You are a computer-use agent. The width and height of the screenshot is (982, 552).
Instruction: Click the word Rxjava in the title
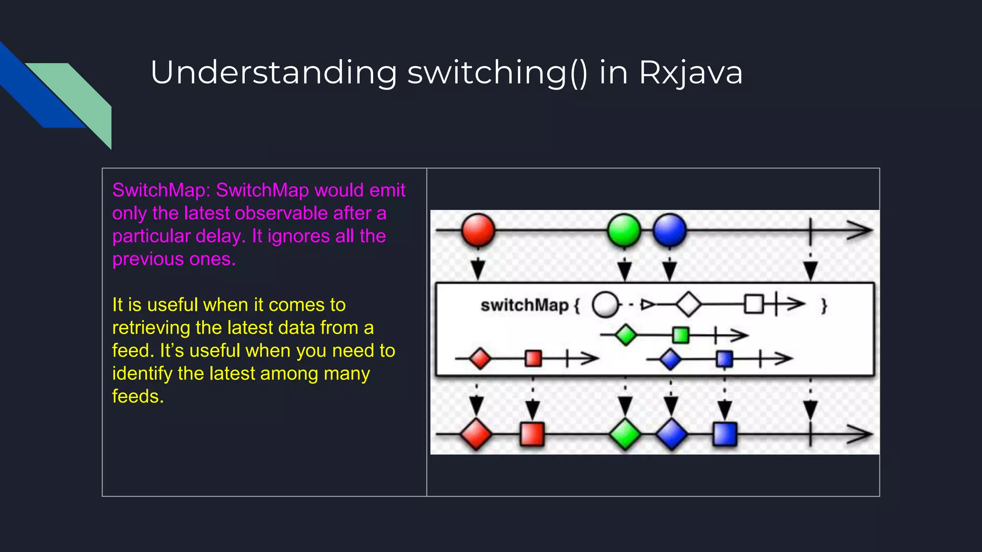point(690,73)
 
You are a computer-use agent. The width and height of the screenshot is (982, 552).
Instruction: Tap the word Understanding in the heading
point(273,73)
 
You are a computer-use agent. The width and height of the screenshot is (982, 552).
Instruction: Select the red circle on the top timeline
point(478,230)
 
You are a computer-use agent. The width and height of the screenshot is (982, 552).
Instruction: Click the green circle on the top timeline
point(624,230)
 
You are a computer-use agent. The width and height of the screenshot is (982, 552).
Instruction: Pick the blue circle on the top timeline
point(670,230)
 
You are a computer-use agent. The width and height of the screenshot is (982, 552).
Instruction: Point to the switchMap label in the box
point(524,305)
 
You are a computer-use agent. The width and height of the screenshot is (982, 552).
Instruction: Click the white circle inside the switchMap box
point(606,305)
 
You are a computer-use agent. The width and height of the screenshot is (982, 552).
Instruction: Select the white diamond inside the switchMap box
point(689,304)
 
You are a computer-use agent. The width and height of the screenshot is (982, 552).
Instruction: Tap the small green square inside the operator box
point(680,335)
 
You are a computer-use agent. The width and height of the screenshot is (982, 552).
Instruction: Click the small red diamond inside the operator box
point(480,358)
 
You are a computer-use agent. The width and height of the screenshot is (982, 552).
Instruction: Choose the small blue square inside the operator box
point(724,358)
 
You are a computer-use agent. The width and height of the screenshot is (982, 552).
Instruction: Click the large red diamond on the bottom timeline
point(476,434)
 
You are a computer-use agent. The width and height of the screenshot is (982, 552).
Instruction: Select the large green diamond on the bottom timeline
point(625,434)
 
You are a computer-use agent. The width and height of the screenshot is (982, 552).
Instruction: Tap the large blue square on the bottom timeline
point(725,434)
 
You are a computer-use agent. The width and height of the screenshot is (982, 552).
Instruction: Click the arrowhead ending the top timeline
point(861,230)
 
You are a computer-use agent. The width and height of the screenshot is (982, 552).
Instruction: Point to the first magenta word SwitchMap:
point(161,190)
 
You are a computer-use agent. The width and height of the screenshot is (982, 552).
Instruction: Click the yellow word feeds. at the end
point(138,396)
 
